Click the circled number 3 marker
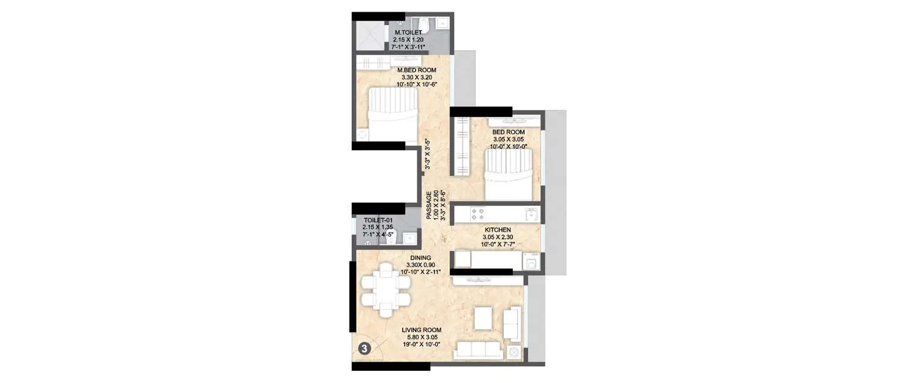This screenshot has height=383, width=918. coord(364,349)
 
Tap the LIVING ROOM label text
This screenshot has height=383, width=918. coord(421,330)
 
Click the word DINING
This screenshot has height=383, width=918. coord(420,257)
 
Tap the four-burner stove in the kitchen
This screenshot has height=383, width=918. coord(478,214)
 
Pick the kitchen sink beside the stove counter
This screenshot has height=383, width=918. coord(532,214)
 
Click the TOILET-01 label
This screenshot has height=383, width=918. coord(378,220)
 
